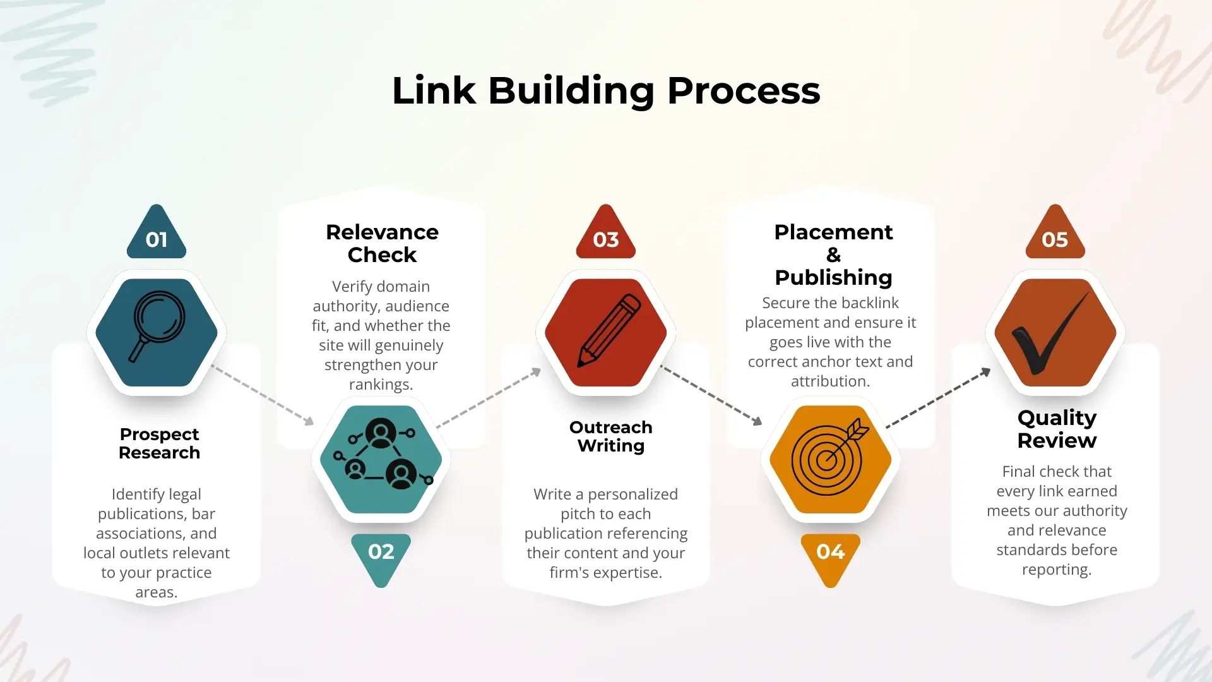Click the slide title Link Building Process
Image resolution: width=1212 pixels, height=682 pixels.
[x=606, y=90]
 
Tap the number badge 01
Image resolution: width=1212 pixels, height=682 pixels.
[x=157, y=238]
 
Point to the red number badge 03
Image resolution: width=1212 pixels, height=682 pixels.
[x=606, y=238]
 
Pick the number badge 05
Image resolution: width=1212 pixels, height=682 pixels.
[x=1055, y=238]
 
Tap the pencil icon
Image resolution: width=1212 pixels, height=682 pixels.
[x=607, y=331]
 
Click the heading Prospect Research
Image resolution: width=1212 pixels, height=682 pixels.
[x=159, y=443]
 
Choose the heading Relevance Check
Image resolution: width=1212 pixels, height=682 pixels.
[x=382, y=243]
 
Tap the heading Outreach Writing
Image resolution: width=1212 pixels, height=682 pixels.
[x=610, y=436]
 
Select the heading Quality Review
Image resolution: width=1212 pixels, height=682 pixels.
[x=1057, y=429]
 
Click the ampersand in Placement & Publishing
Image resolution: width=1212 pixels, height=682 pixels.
[x=833, y=255]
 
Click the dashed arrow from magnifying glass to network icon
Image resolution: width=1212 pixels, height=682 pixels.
[x=263, y=395]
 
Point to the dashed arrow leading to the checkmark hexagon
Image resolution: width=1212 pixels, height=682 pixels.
[x=938, y=398]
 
